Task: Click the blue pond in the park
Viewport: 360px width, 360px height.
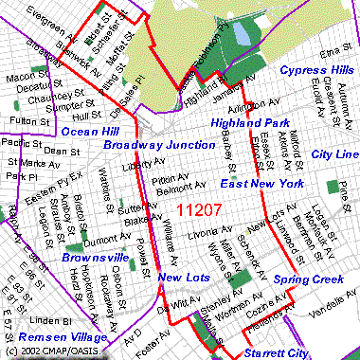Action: coord(241,34)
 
